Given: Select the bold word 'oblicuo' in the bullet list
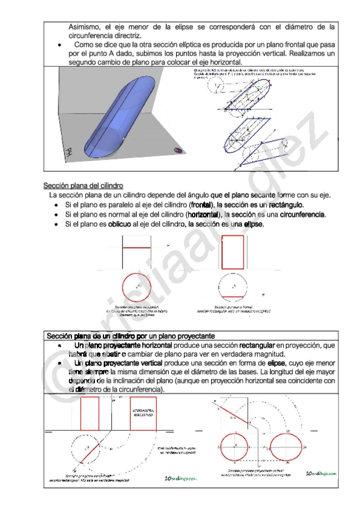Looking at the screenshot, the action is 120,224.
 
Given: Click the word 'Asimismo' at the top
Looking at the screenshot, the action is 87,27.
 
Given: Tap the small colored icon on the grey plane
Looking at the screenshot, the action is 178,150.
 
